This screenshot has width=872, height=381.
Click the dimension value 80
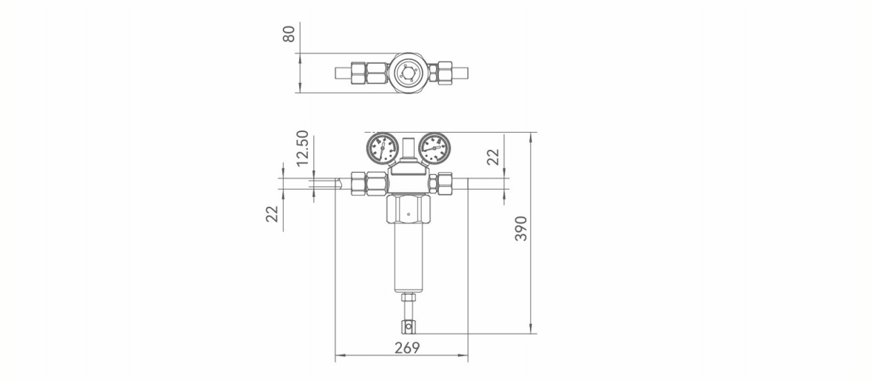click(x=289, y=34)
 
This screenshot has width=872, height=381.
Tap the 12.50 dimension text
click(x=302, y=148)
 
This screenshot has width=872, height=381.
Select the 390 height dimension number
click(x=520, y=228)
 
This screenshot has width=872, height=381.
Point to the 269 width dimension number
click(x=407, y=348)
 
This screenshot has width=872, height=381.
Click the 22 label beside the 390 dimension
click(x=493, y=157)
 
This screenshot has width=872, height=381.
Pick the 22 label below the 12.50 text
click(x=272, y=214)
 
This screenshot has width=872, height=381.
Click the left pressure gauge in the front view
click(x=383, y=148)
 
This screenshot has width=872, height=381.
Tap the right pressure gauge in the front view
click(x=435, y=148)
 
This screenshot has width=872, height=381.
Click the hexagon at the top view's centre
click(x=409, y=73)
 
